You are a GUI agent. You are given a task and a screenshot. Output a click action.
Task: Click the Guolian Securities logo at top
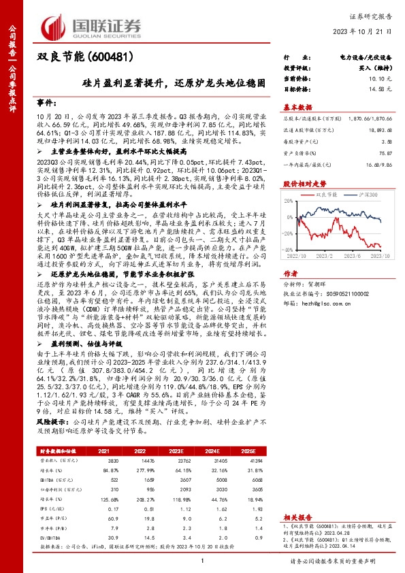point(91,24)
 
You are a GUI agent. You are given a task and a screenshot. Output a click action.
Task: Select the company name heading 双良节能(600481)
point(79,56)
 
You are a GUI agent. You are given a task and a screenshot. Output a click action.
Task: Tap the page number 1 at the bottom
point(202,560)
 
